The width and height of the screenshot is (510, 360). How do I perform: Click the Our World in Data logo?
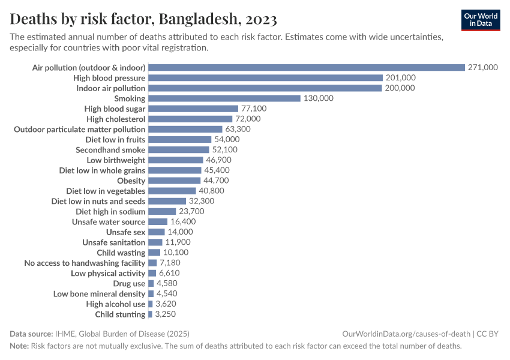(x=481, y=20)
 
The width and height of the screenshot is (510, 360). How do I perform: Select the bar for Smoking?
(x=224, y=98)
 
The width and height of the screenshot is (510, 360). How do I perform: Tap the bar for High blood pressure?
(x=265, y=78)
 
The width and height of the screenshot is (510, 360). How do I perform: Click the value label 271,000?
(x=483, y=68)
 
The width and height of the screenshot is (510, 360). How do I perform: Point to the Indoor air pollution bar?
(x=265, y=88)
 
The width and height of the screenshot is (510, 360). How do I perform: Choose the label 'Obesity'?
(x=131, y=181)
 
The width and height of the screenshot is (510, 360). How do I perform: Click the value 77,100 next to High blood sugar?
(x=254, y=109)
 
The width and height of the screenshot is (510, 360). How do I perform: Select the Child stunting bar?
(x=150, y=314)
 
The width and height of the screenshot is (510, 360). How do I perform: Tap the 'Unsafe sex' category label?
(x=126, y=232)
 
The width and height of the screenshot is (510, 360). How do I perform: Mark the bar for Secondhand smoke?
(x=178, y=150)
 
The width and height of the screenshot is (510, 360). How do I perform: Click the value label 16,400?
(x=183, y=222)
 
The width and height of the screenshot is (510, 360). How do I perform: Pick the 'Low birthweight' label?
(x=116, y=160)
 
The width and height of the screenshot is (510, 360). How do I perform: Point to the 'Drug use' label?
(x=129, y=283)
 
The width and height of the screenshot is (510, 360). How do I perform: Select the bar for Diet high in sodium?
(x=162, y=212)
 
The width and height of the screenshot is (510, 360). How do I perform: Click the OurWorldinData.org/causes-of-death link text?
(x=406, y=334)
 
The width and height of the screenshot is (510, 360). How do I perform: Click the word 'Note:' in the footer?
(x=19, y=346)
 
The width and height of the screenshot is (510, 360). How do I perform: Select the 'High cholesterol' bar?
(x=190, y=119)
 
